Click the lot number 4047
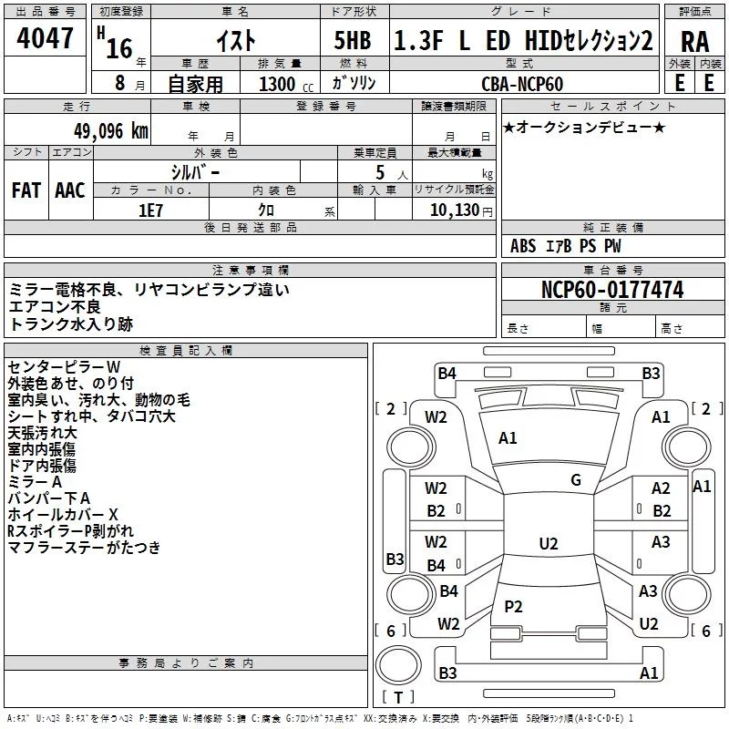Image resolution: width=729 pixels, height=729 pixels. [x=46, y=38]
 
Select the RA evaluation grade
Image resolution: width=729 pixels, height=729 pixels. [x=694, y=41]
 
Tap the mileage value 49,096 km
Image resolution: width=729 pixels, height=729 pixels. [x=100, y=131]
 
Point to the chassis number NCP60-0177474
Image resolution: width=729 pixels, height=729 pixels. [x=612, y=290]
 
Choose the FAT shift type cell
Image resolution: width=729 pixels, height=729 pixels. [x=26, y=190]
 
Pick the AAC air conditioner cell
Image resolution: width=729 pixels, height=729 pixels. [x=70, y=190]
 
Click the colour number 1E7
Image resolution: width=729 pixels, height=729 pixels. [x=150, y=210]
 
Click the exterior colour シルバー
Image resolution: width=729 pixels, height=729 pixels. [x=195, y=171]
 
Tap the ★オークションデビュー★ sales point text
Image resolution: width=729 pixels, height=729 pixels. [x=583, y=127]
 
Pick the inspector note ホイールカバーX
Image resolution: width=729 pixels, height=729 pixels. [x=62, y=514]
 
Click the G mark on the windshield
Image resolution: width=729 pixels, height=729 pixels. [x=576, y=480]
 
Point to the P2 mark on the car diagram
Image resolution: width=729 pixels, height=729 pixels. [x=513, y=606]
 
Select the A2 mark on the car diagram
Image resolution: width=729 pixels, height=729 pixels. [x=661, y=489]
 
